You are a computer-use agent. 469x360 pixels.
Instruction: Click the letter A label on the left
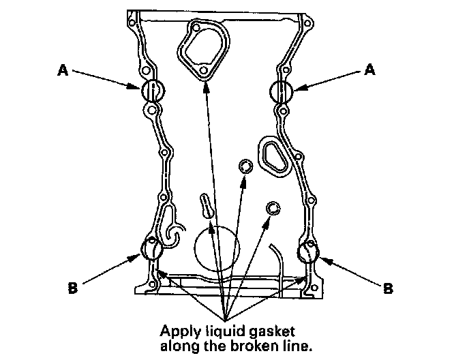tap(63, 71)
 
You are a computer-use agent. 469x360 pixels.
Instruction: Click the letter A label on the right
tap(369, 70)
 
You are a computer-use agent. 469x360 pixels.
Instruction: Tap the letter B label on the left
tap(73, 288)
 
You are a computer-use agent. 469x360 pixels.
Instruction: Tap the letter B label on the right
tap(388, 288)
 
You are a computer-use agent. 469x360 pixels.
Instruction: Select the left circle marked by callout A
tap(142, 91)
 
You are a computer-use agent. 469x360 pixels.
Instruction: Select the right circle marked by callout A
tap(270, 91)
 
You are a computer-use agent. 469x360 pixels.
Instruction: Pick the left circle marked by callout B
tap(141, 247)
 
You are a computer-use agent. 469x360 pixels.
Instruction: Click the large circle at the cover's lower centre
tap(195, 248)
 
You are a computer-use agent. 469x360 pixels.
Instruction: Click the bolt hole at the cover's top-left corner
tap(132, 22)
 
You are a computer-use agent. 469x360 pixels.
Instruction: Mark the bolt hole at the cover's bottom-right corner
tap(314, 288)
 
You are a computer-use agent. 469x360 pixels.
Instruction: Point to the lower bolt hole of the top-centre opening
tap(203, 71)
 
